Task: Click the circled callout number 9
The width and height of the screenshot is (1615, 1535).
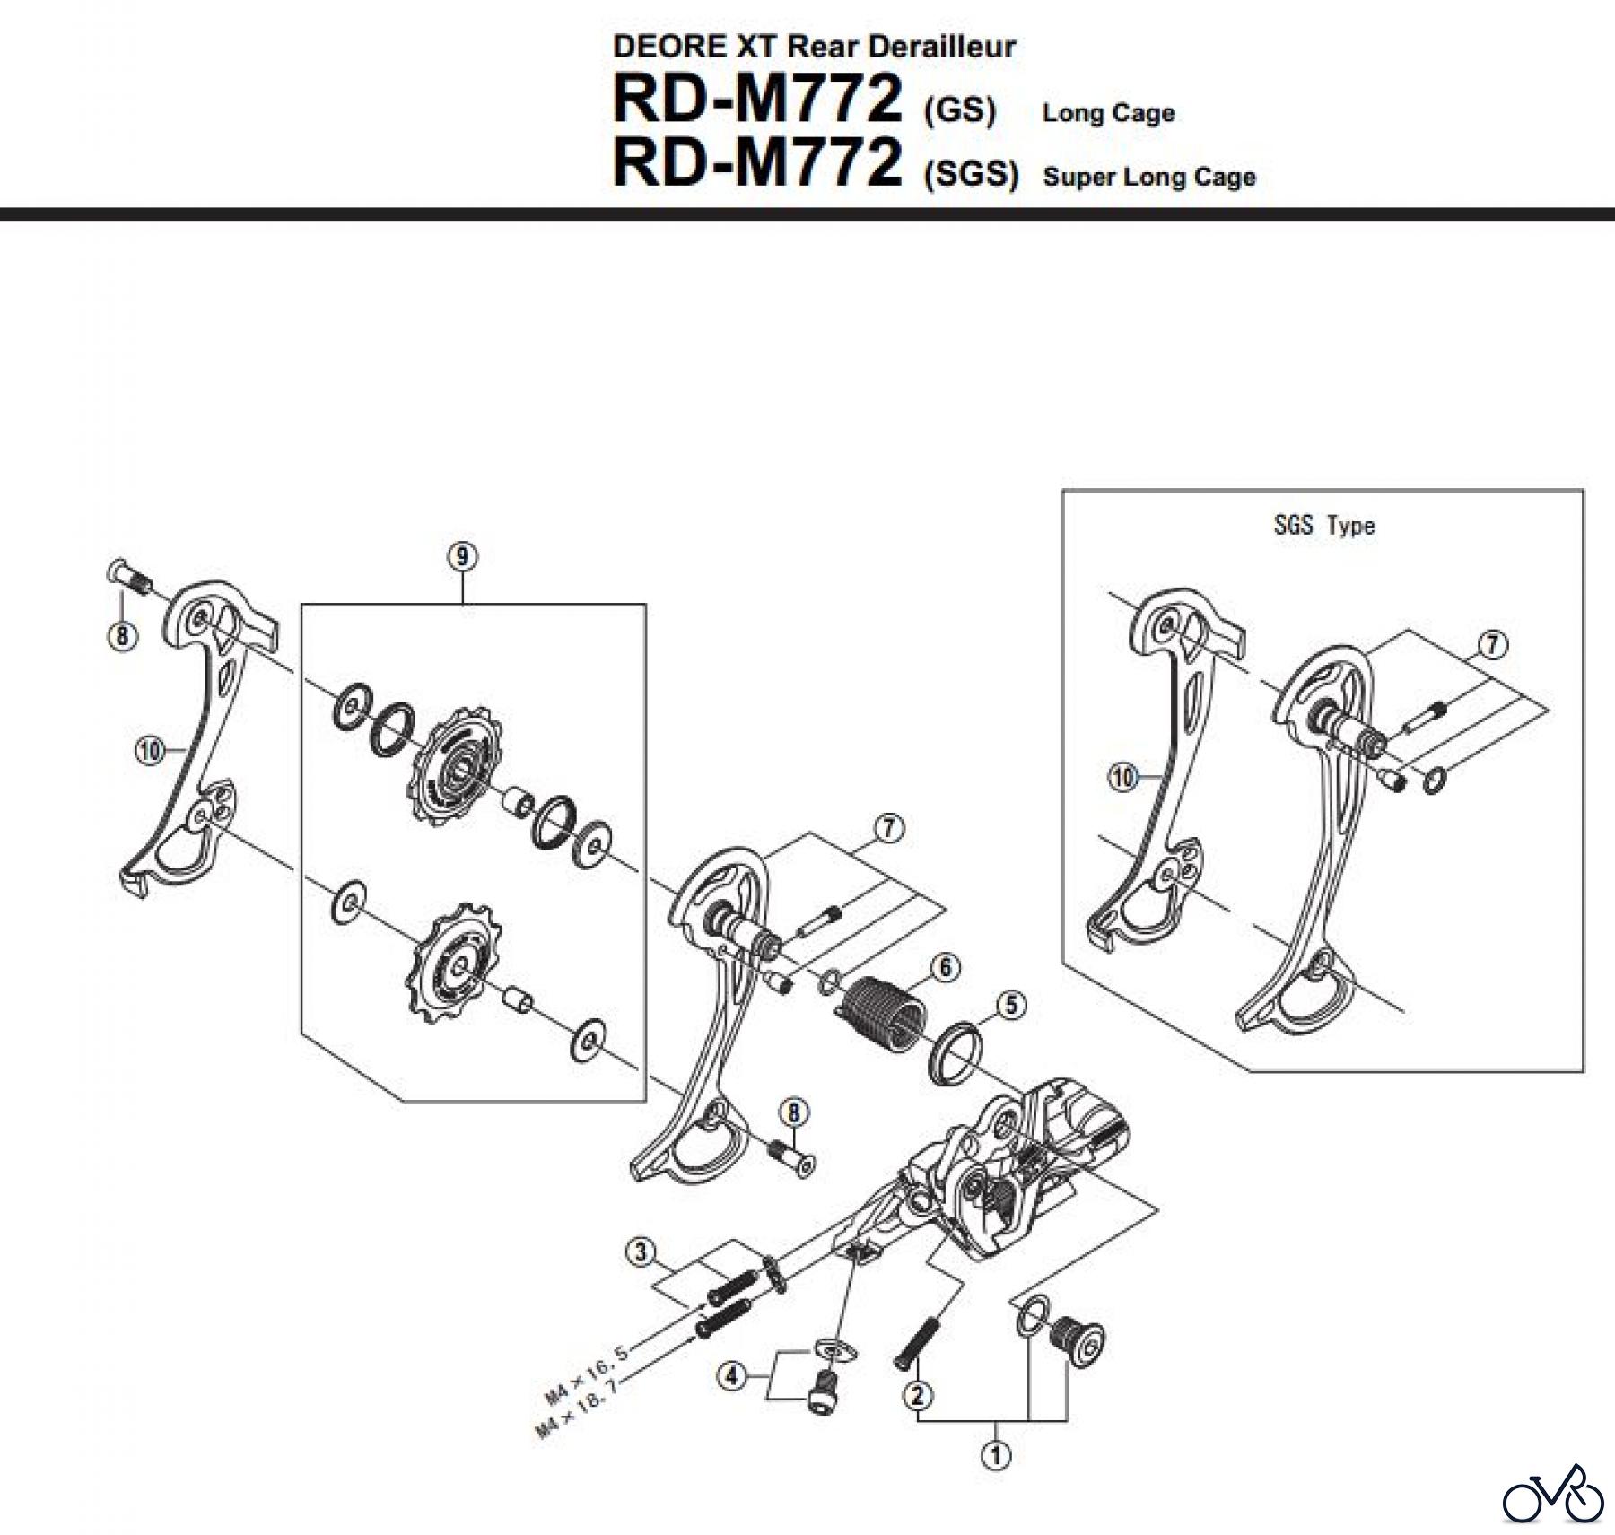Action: (462, 557)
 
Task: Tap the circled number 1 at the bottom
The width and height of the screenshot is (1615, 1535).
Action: (996, 1454)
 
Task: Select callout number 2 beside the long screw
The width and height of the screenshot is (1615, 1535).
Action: (918, 1395)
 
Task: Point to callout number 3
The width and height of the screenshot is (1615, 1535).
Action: (640, 1252)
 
